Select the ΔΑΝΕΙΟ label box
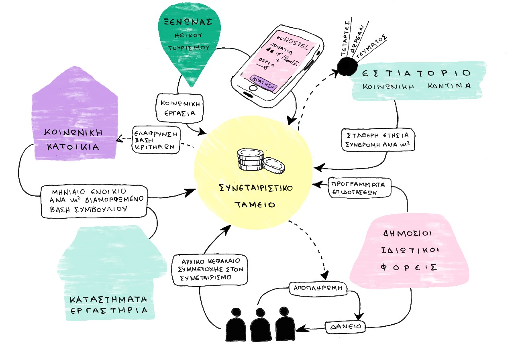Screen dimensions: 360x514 (x=345, y=327)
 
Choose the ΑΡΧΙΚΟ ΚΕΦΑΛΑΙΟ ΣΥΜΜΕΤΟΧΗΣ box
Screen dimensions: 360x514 (x=212, y=269)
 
